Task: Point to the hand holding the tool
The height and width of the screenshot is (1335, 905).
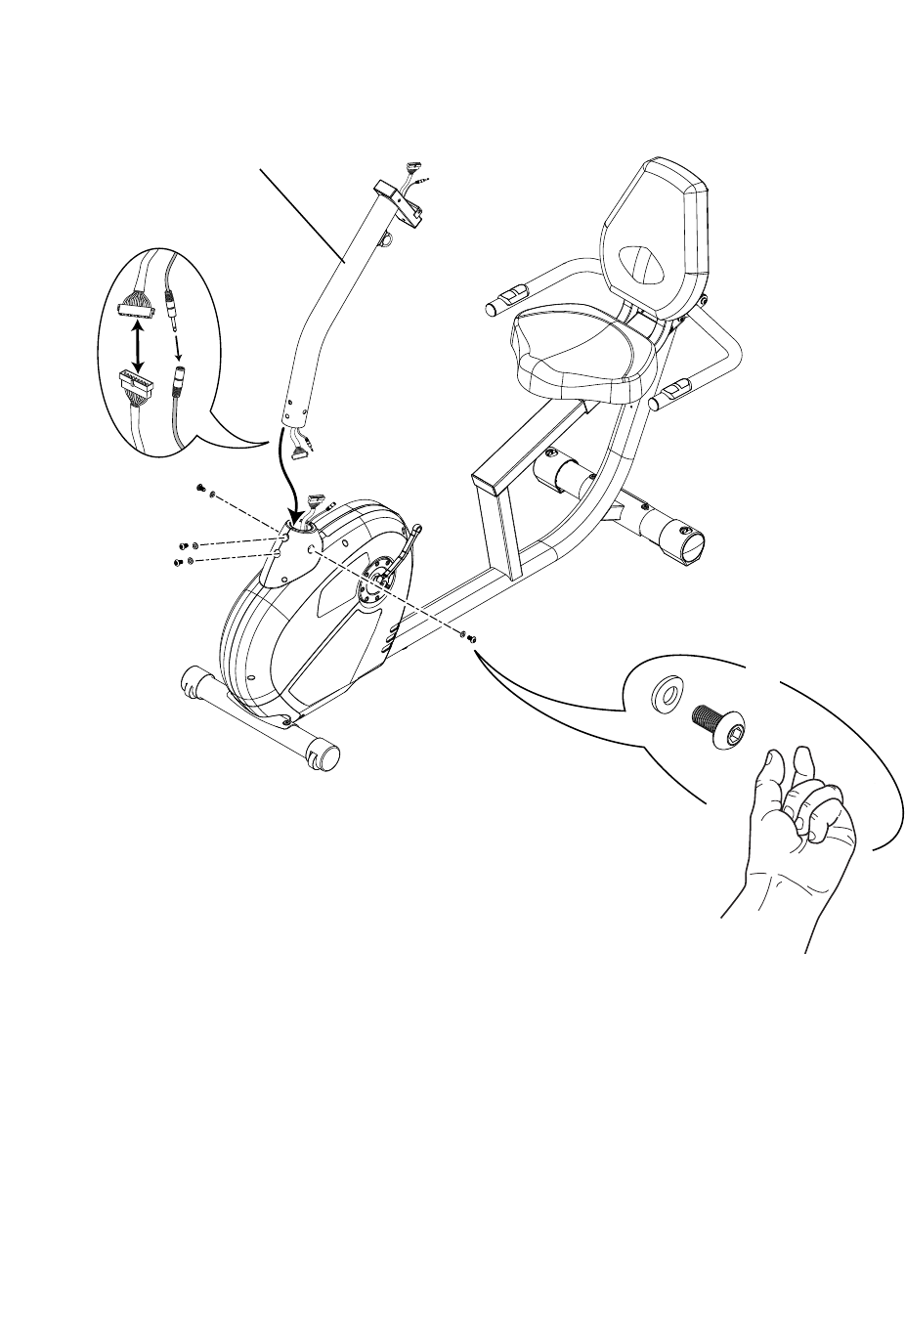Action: pos(797,831)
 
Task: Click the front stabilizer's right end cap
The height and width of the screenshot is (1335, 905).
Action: pos(324,754)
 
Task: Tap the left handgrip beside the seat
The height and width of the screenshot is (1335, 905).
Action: pos(506,298)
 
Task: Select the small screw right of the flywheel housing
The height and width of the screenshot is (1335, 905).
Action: pos(471,639)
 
